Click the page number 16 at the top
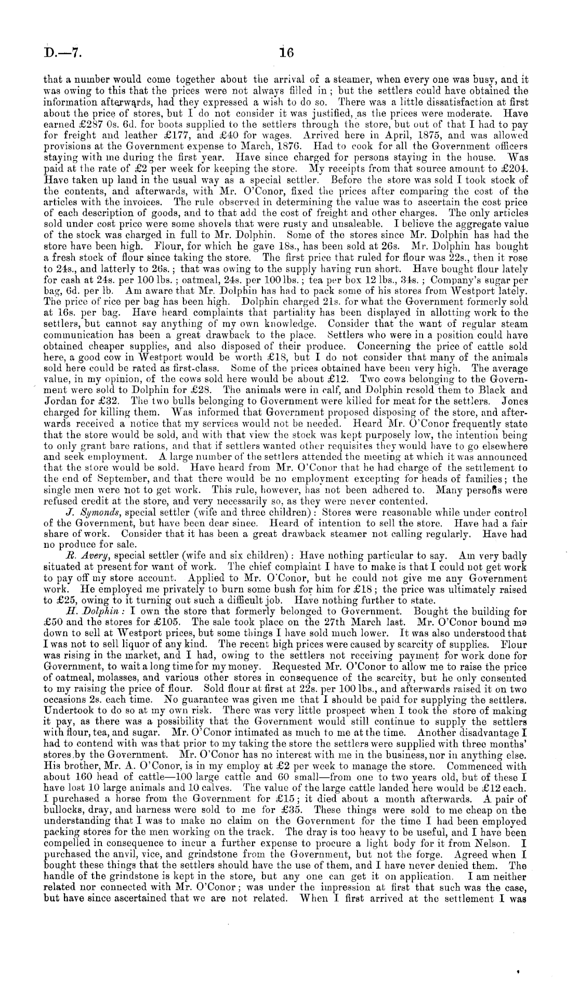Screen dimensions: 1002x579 [286, 52]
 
